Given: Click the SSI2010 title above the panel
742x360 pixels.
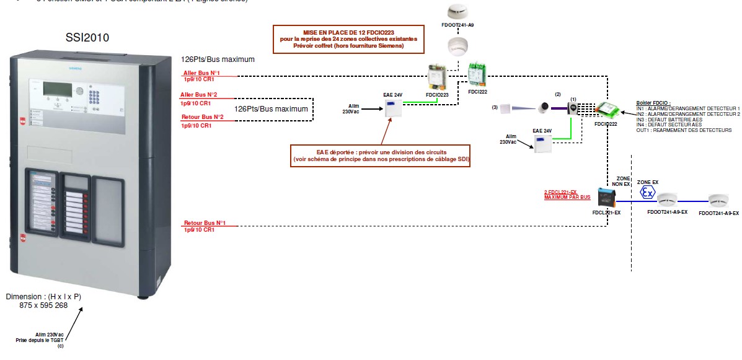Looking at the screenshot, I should point(87,38).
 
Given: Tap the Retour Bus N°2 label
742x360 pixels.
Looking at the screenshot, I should point(203,116).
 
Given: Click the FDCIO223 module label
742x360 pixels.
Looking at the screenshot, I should point(437,95).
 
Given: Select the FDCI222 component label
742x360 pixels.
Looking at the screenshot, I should point(478,91).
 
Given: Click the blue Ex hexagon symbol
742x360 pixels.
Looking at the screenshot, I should point(647,193).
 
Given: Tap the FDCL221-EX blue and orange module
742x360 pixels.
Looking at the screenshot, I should point(606,198).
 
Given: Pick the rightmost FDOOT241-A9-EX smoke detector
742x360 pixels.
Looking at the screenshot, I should point(718,201).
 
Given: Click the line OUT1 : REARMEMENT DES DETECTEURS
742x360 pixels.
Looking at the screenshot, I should point(684,130).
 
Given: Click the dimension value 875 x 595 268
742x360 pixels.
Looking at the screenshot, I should point(43,305).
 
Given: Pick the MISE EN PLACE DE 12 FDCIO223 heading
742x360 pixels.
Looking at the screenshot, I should point(348,32).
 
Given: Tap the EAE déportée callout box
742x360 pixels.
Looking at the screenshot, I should point(381,156).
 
